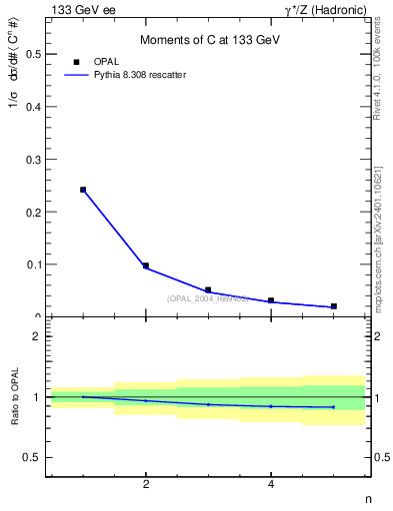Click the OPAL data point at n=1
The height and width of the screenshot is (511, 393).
(83, 190)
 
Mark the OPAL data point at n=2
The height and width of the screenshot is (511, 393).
(146, 265)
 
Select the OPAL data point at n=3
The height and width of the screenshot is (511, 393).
(208, 290)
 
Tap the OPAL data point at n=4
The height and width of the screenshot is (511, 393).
(271, 300)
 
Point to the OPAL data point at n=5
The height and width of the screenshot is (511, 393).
(334, 306)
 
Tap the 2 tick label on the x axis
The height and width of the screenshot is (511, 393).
(146, 485)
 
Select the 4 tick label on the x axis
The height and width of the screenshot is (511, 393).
(271, 485)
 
